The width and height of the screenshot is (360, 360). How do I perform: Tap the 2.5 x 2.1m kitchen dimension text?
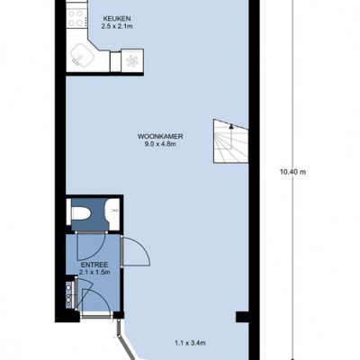click(x=117, y=26)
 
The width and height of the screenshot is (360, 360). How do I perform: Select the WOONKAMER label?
click(x=160, y=137)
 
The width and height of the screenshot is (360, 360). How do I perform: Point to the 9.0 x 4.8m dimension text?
click(x=160, y=144)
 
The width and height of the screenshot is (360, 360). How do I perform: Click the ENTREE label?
click(x=94, y=265)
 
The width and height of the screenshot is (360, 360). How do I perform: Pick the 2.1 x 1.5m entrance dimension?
click(x=94, y=273)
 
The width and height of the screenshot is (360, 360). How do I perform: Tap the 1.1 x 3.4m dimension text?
click(x=190, y=343)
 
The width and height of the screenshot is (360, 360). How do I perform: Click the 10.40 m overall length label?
click(x=292, y=172)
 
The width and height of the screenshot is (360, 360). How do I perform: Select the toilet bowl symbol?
click(x=81, y=213)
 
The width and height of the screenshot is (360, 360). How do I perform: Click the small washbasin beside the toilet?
click(x=113, y=211)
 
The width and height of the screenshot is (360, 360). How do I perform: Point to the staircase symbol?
click(x=231, y=141)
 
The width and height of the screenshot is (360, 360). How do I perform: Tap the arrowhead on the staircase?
click(x=231, y=126)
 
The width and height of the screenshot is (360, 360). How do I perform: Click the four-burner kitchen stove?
click(x=76, y=19)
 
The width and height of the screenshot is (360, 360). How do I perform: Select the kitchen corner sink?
click(x=82, y=56)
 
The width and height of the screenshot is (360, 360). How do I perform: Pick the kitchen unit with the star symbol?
click(x=132, y=61)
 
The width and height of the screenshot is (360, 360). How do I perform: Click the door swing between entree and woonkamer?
click(x=136, y=251)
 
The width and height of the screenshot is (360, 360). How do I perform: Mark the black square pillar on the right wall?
click(x=242, y=317)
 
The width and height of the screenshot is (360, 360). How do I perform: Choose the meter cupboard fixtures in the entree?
click(x=69, y=295)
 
